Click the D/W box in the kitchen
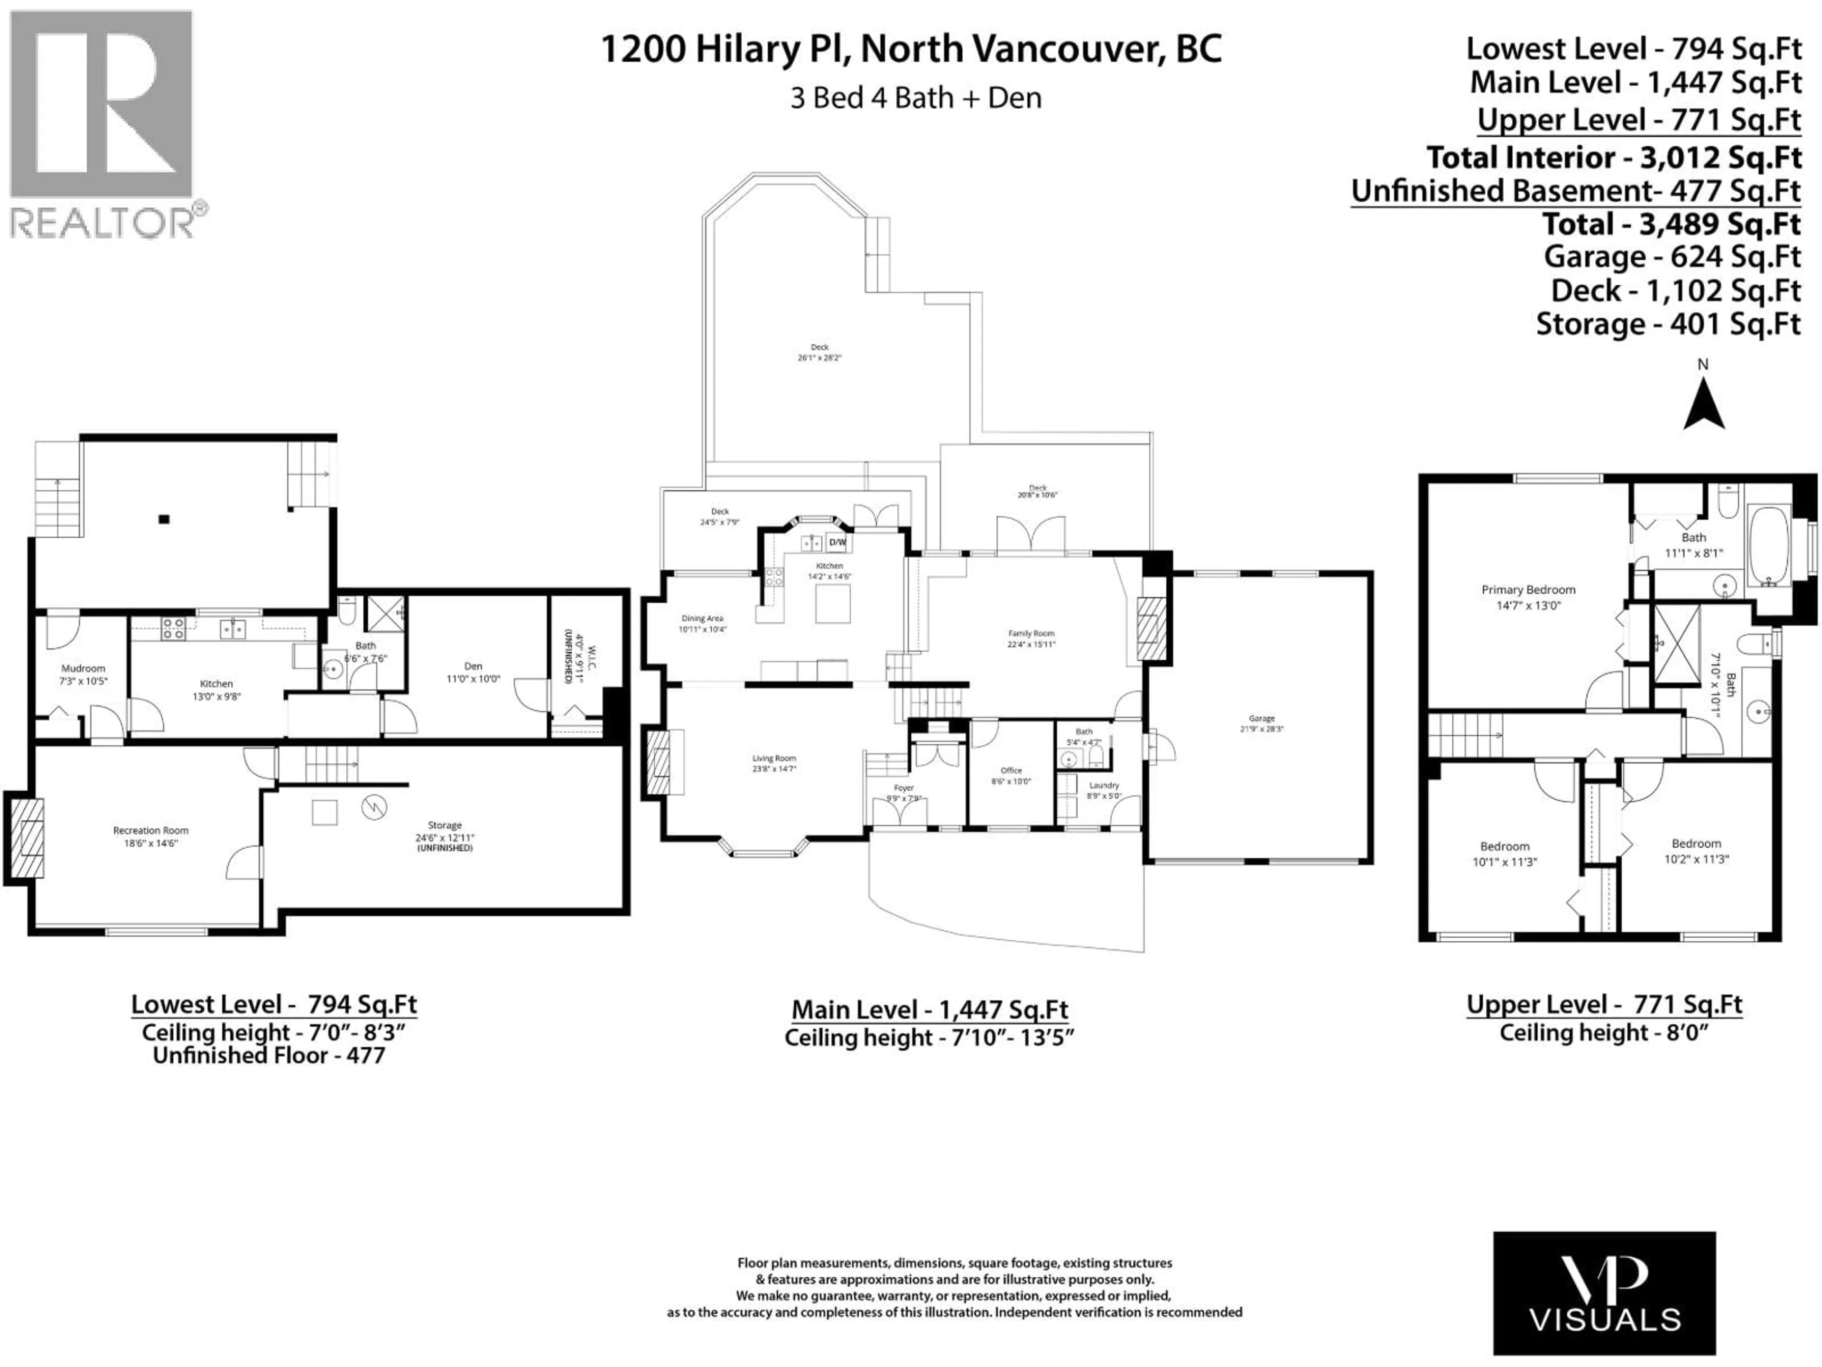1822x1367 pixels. point(837,542)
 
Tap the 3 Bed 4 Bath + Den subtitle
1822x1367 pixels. point(916,98)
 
